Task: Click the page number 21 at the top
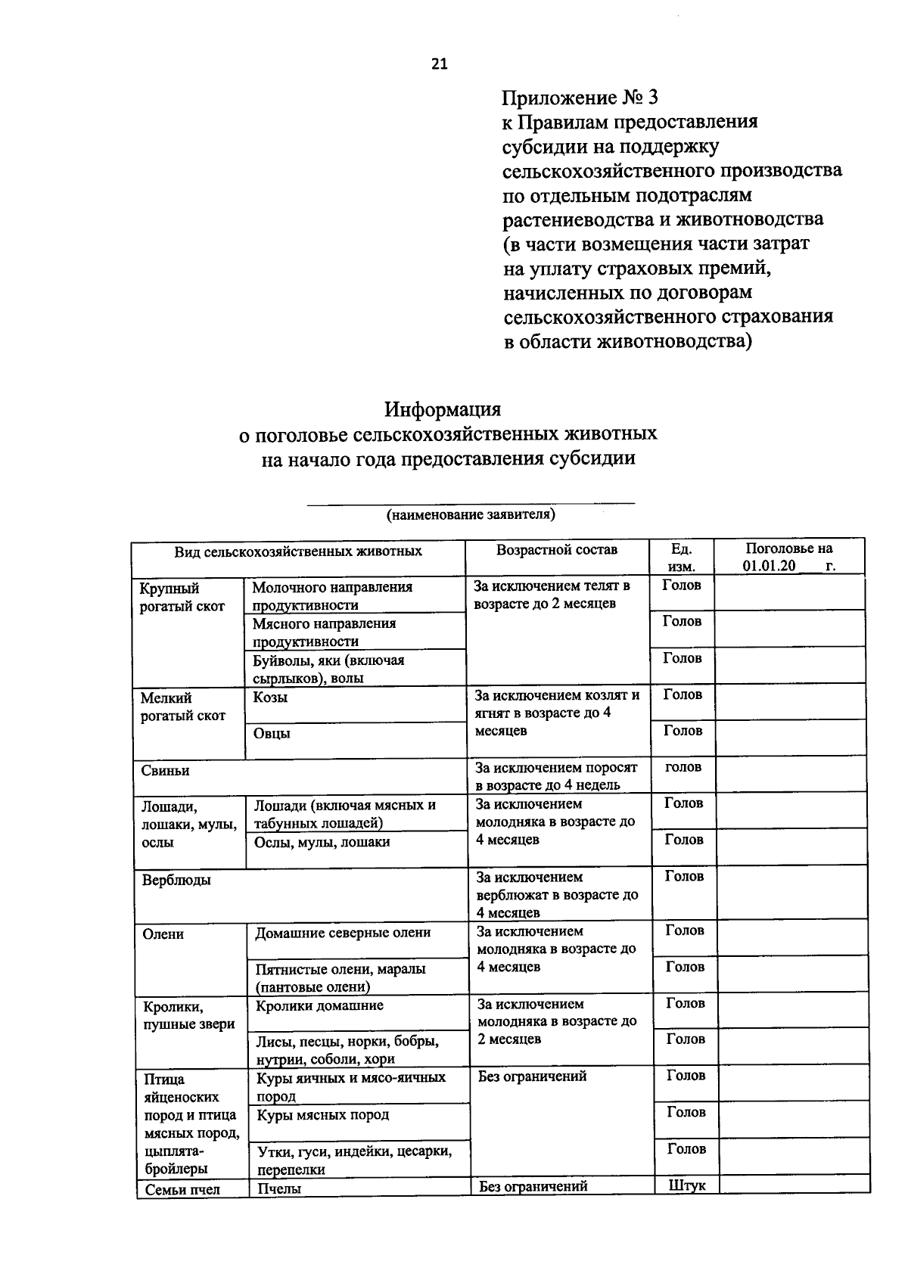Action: (440, 64)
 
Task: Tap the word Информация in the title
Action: (443, 409)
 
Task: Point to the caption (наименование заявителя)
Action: (471, 515)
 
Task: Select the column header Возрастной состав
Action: (556, 550)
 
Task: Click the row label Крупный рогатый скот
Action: (182, 597)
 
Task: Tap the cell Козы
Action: (271, 697)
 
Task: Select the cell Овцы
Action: (272, 733)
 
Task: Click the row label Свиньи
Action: (165, 771)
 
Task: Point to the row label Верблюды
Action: (176, 880)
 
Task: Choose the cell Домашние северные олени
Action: (343, 933)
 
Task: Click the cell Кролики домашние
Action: (319, 1005)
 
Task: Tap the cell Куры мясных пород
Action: (323, 1115)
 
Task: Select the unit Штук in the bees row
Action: (687, 1185)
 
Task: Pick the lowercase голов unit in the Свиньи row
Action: (683, 767)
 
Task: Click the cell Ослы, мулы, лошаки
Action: (322, 842)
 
